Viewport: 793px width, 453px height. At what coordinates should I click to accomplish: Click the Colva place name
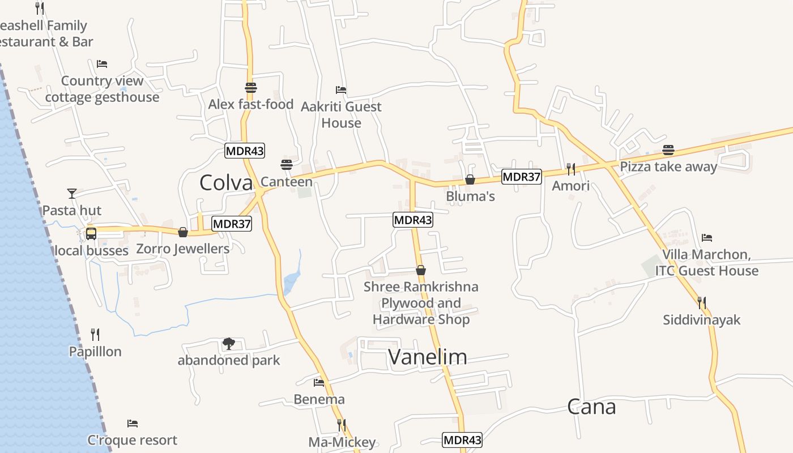coord(226,182)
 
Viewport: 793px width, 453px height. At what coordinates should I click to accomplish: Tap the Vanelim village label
coord(428,357)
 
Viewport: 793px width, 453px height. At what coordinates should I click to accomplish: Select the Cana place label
coord(591,407)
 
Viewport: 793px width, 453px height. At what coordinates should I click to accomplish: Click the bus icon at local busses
coord(91,233)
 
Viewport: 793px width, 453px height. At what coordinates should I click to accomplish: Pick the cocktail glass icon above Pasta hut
coord(72,194)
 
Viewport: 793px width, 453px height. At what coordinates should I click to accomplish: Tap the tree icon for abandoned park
coord(229,343)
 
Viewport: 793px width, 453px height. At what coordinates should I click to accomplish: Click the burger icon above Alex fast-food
coord(251,88)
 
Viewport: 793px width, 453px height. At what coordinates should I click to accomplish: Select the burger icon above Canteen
coord(286,165)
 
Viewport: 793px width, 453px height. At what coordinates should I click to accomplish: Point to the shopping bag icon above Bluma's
coord(470,180)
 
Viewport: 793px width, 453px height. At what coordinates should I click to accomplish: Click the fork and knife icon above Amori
coord(571,169)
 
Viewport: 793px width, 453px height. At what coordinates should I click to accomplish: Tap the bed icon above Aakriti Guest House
coord(341,90)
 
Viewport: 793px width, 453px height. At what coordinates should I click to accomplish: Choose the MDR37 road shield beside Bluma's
coord(522,177)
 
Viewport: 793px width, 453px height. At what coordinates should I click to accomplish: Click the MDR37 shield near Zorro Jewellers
coord(232,224)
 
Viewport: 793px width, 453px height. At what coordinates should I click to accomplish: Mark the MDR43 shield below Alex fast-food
coord(245,151)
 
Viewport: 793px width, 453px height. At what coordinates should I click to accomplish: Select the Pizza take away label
coord(668,166)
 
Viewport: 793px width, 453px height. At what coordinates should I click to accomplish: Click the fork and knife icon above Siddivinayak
coord(701,303)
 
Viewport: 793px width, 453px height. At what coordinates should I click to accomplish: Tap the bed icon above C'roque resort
coord(133,424)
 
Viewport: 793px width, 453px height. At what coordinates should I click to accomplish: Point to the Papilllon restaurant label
coord(95,352)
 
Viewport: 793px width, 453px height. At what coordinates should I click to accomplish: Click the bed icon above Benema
coord(319,383)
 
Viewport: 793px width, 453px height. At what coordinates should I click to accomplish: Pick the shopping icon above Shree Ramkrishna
coord(420,270)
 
